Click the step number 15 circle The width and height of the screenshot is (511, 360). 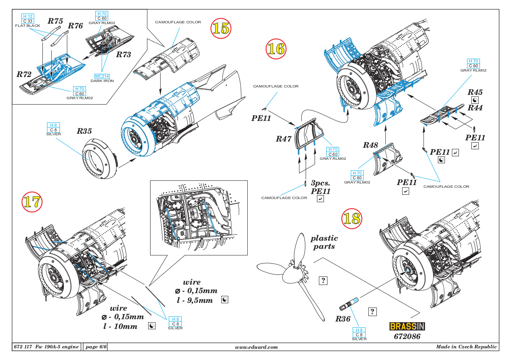coord(220,28)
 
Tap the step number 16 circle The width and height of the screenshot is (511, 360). coord(276,49)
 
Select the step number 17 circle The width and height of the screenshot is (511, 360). coord(31,202)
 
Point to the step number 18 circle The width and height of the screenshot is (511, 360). coord(352,218)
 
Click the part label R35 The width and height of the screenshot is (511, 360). coord(84,131)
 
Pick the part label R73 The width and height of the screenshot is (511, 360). coord(124,55)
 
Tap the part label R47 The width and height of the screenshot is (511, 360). coord(283,139)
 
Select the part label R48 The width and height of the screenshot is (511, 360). coord(370,145)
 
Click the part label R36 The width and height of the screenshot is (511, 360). coord(343,319)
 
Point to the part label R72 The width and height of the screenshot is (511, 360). coord(24,74)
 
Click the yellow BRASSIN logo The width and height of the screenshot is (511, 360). coord(407,327)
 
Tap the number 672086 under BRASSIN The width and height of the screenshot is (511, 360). coord(407,336)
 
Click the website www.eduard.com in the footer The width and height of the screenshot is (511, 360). coord(257,347)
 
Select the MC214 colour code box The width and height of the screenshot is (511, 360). coord(102,76)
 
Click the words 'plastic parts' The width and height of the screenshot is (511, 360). coord(324,242)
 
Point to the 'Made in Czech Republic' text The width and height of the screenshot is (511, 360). coord(466,347)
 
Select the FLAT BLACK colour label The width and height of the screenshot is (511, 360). coord(28,26)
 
